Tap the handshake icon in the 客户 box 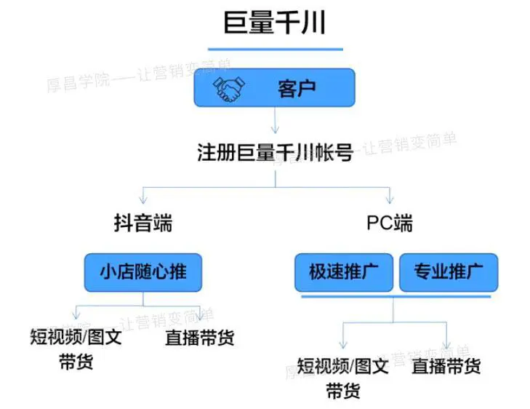[x=228, y=90]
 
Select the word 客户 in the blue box [x=297, y=90]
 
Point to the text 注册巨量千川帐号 [x=275, y=154]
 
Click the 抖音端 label [x=143, y=223]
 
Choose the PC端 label [x=390, y=223]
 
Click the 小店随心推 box [x=142, y=271]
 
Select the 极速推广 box [x=342, y=271]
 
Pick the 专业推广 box [x=449, y=271]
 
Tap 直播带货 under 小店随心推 [x=199, y=338]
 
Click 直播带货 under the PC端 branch [x=446, y=365]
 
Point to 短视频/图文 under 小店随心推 [x=76, y=338]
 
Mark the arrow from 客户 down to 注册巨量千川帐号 [x=275, y=119]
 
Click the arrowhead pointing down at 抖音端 [x=143, y=199]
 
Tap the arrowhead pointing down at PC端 [x=390, y=199]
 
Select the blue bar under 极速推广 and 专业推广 [x=396, y=295]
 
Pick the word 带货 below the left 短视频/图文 [x=76, y=362]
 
